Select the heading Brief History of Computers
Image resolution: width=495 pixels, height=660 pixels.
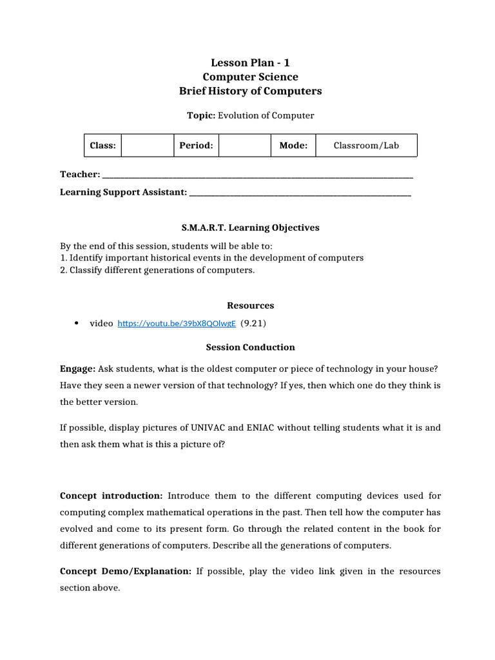click(249, 91)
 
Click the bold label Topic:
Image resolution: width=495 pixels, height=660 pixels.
click(200, 115)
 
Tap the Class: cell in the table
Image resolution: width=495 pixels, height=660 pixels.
click(102, 146)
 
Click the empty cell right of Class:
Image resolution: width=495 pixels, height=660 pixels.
click(148, 146)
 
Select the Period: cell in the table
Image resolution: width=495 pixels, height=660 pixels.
click(196, 146)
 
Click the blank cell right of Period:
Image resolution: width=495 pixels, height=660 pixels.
click(244, 146)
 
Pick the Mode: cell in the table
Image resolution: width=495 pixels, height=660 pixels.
click(293, 146)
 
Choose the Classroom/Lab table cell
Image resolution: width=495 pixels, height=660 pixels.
click(366, 146)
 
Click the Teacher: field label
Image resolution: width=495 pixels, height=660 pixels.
click(80, 175)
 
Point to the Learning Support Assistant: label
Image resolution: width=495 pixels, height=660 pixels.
click(123, 192)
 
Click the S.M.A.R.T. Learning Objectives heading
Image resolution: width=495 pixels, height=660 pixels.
click(249, 228)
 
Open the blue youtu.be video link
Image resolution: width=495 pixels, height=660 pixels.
click(177, 324)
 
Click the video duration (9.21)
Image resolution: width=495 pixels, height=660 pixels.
click(253, 323)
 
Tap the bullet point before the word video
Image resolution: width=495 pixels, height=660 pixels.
click(77, 323)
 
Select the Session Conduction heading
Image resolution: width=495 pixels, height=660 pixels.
click(250, 347)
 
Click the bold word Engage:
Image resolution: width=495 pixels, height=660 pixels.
click(77, 368)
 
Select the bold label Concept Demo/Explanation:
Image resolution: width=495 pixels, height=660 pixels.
click(125, 571)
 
